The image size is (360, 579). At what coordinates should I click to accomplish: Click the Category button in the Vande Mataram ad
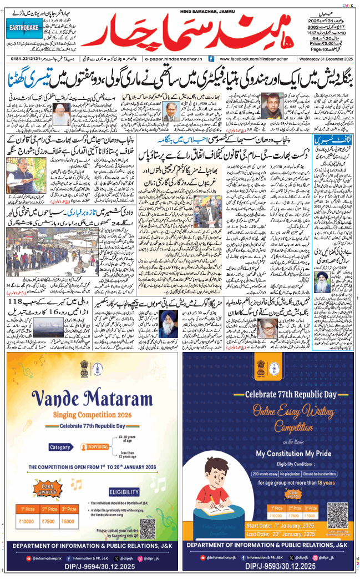pos(60,447)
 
